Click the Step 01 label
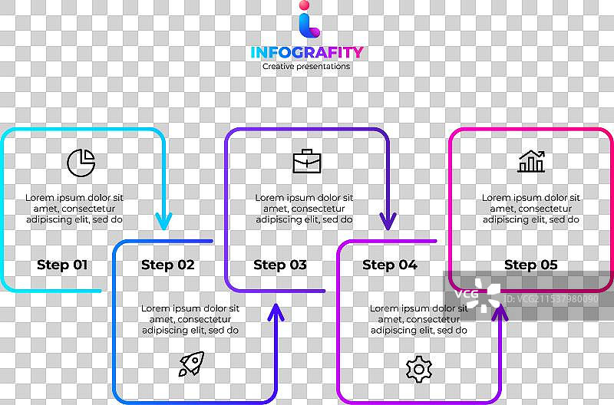click(62, 265)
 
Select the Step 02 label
click(168, 265)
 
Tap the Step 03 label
click(280, 265)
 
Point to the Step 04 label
click(390, 265)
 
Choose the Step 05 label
click(531, 265)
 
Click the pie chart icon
click(81, 162)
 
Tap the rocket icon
click(191, 364)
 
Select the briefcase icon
click(307, 162)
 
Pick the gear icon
click(419, 369)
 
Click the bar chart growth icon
click(531, 161)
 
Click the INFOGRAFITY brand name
click(307, 52)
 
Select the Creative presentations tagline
click(306, 67)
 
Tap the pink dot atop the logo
click(305, 7)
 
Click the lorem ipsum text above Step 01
click(74, 209)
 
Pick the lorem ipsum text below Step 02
click(190, 319)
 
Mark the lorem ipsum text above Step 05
click(531, 209)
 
